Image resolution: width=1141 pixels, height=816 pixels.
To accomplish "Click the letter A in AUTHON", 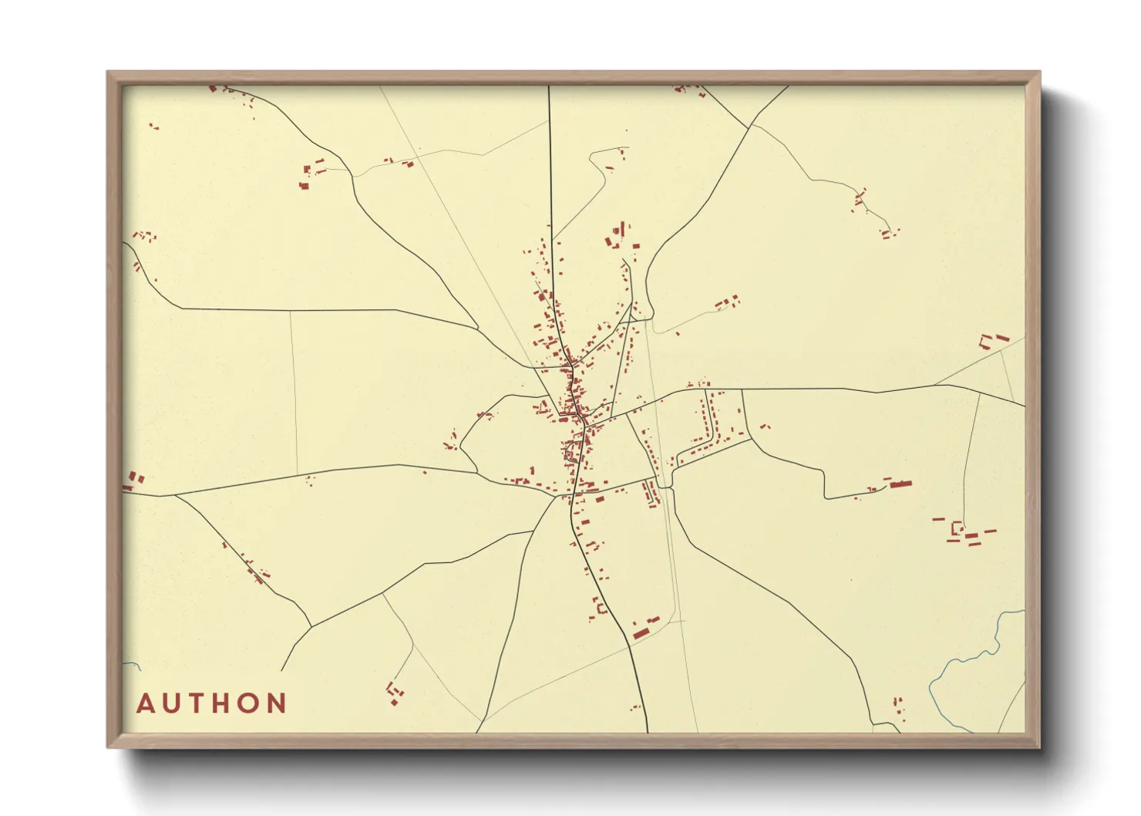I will point(146,703).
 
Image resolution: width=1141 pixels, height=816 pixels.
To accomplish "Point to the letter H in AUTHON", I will point(224,703).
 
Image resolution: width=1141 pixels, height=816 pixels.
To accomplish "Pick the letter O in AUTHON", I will point(251,703).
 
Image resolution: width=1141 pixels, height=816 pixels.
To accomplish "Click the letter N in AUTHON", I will point(278,703).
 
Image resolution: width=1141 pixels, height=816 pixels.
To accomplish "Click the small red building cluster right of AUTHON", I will point(395,692).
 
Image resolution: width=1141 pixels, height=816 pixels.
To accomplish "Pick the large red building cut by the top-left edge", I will point(213,89).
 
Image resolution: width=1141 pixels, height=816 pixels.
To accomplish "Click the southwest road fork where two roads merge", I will point(311,626).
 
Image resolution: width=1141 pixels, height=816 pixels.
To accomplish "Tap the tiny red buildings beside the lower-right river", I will point(898,704).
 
